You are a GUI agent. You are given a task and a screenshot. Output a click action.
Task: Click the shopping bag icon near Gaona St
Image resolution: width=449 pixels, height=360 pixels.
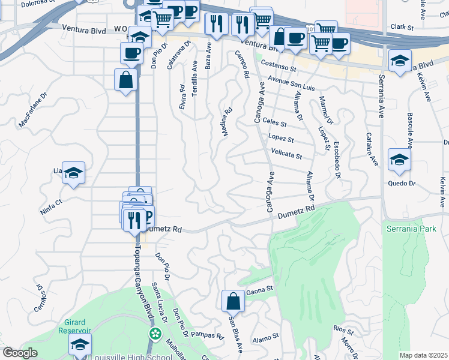[x=233, y=301]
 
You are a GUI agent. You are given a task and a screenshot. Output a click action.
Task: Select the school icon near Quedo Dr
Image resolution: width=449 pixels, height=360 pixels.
[x=399, y=160]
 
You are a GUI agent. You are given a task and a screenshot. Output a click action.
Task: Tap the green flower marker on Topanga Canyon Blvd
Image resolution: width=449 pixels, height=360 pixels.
[x=155, y=333]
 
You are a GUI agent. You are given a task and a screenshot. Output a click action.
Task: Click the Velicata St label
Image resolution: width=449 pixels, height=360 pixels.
[x=286, y=154]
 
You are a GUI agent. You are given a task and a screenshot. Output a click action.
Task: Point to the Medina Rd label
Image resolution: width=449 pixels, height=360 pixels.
[x=228, y=121]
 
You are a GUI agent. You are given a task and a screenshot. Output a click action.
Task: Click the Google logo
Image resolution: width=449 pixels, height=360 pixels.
[x=20, y=353]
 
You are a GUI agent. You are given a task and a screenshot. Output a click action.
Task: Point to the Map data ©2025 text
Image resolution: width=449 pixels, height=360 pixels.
[x=423, y=355]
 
